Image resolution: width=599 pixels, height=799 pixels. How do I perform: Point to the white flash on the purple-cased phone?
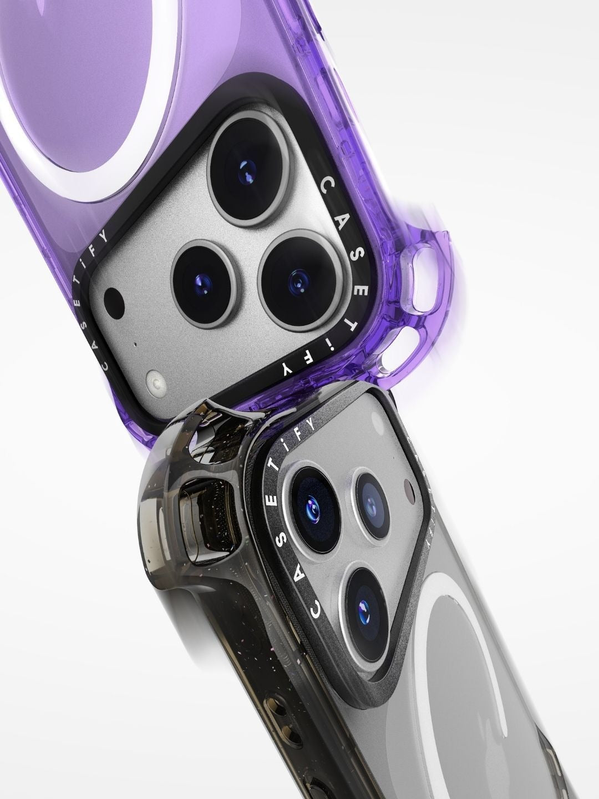coord(156,382)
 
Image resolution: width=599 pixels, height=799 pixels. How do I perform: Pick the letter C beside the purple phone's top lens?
coord(327,185)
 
